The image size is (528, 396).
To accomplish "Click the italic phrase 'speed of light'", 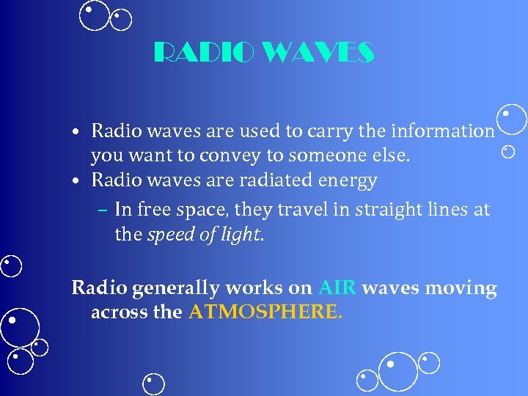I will (203, 235).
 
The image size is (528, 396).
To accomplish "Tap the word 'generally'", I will (173, 288).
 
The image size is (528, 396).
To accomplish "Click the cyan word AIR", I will (337, 287).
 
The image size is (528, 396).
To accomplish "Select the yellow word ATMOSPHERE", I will (264, 312).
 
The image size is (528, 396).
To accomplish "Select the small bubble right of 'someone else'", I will (508, 152).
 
